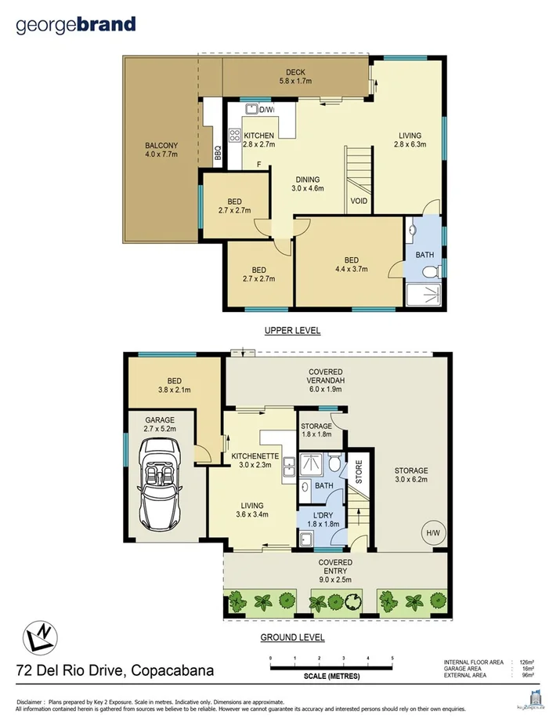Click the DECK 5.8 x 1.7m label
click(x=295, y=77)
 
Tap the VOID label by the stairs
click(x=359, y=201)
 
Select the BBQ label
click(x=217, y=154)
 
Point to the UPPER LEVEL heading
click(x=292, y=330)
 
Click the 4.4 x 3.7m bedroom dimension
click(x=352, y=270)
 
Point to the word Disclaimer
click(x=30, y=702)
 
